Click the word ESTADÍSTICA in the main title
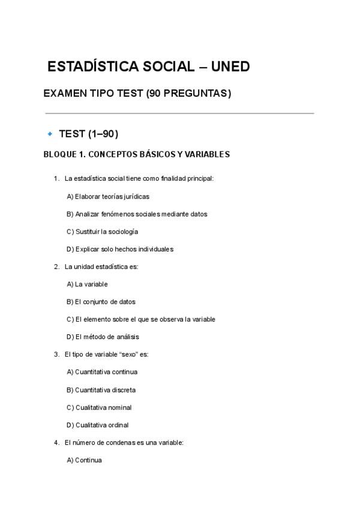click(x=92, y=67)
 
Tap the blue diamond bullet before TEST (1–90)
click(x=50, y=133)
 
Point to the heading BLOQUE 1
click(x=65, y=154)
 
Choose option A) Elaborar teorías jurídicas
click(x=108, y=196)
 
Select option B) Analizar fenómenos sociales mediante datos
click(x=137, y=214)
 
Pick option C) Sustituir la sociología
click(x=103, y=231)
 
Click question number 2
click(x=56, y=267)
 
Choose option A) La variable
click(x=88, y=284)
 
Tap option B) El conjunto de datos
click(x=101, y=302)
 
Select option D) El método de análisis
click(x=103, y=337)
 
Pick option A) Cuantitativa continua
click(x=102, y=372)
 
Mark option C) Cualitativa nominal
click(x=99, y=408)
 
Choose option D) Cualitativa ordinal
click(x=98, y=425)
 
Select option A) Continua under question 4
click(x=85, y=460)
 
